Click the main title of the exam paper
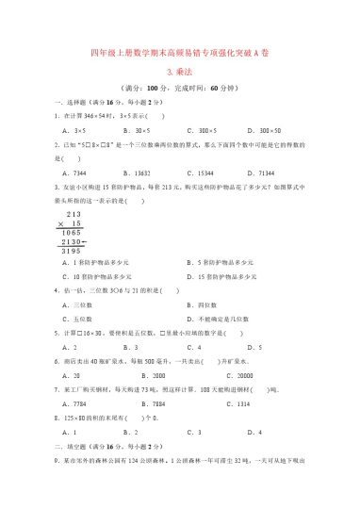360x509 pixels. tap(179, 53)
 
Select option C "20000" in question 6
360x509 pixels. tap(207, 376)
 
